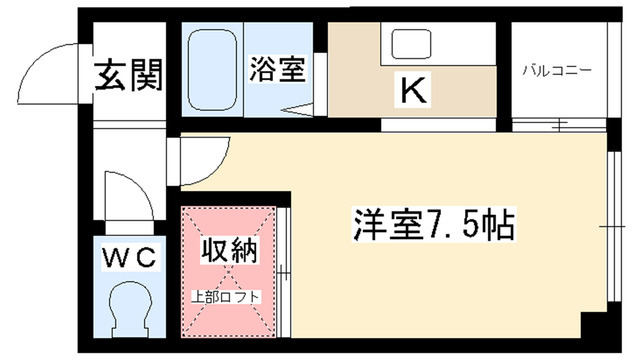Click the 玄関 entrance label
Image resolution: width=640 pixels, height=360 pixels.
tap(129, 75)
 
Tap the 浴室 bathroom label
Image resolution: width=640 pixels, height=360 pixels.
tap(278, 69)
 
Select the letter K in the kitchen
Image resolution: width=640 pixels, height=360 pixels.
tap(413, 89)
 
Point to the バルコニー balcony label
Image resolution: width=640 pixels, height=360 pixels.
tap(557, 71)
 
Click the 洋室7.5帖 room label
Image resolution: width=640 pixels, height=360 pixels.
tap(434, 224)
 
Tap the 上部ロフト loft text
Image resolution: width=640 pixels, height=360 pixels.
tap(226, 296)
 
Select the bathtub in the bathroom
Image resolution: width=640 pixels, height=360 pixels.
tap(212, 69)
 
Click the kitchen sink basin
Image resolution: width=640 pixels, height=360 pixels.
tap(411, 44)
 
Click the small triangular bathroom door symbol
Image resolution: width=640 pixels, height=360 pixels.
tap(298, 109)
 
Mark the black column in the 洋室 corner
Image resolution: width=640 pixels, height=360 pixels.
tap(595, 325)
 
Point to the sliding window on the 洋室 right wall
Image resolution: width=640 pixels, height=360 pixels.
tap(613, 226)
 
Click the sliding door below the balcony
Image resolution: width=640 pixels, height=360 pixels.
tap(559, 124)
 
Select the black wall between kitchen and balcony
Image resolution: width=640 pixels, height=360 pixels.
tap(504, 76)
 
